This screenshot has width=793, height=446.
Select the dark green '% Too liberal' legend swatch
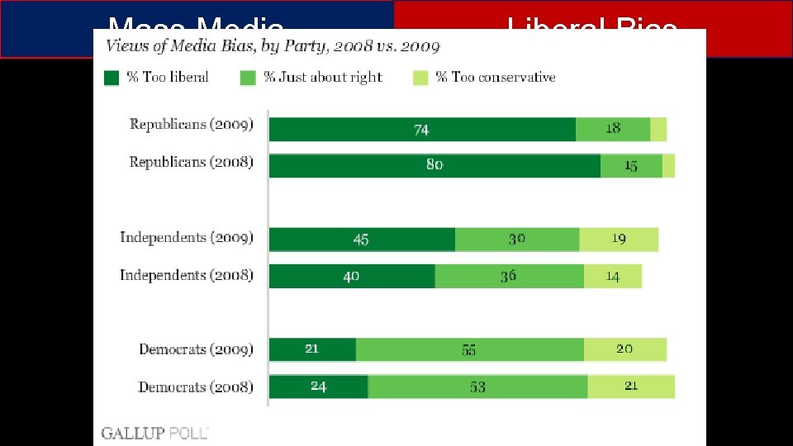[112, 78]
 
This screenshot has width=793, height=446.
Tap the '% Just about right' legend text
[322, 77]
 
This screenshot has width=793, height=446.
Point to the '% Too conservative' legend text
[496, 77]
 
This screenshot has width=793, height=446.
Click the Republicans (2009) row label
[192, 125]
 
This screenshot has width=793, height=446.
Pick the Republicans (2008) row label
[192, 162]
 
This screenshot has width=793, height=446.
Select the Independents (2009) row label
[187, 238]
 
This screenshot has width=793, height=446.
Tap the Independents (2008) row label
[187, 275]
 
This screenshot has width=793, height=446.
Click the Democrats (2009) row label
[196, 349]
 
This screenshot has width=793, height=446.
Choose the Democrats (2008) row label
[196, 387]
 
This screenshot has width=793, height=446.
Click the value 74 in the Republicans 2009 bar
[421, 130]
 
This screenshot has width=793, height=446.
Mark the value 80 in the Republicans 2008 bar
[434, 165]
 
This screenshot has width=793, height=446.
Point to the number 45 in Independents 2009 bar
[361, 240]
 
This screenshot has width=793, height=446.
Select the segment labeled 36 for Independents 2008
[508, 276]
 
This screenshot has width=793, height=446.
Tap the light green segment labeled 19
[619, 240]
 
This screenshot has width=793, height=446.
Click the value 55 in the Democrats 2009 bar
[468, 350]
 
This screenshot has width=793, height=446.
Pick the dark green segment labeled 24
[319, 387]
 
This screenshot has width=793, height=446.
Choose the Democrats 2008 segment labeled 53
[477, 387]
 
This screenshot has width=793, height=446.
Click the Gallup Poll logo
[154, 432]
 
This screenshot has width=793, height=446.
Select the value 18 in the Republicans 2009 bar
[613, 129]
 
